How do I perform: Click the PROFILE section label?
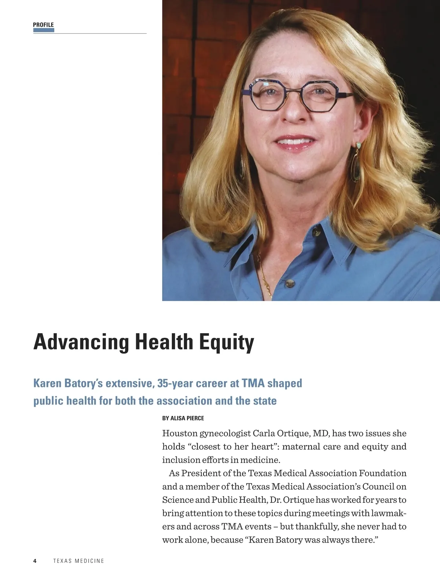point(43,25)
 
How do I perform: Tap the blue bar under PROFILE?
point(44,30)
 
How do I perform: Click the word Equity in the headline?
point(226,342)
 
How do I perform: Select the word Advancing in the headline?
point(81,342)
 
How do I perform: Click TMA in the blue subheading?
point(253,383)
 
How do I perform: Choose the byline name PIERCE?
point(195,418)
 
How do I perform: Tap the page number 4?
point(35,561)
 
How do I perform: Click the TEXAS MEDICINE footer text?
point(78,561)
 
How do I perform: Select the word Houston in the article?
point(180,434)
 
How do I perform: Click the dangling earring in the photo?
point(356,167)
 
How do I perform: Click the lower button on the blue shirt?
point(290,283)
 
